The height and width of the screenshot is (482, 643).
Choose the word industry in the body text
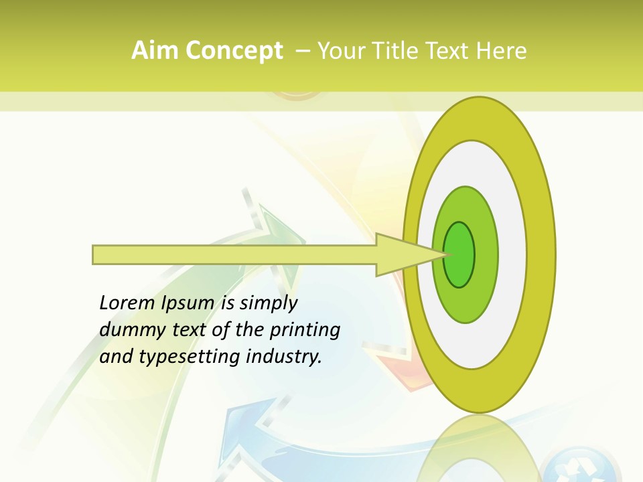[x=284, y=357]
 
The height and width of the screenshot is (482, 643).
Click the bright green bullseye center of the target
[x=459, y=254]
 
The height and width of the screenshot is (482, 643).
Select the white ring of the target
[x=509, y=254]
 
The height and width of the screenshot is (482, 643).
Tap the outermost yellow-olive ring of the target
[x=540, y=254]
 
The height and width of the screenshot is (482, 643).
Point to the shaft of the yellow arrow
[x=234, y=254]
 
